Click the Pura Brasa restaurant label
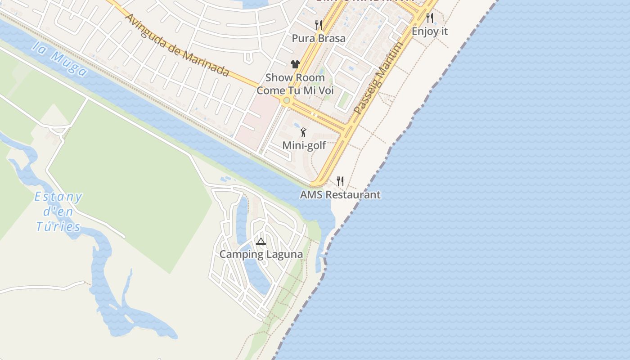319,38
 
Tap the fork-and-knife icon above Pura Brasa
319,25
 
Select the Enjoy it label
430,31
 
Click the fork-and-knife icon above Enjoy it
430,18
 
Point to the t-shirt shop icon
295,64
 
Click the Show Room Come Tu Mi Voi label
295,84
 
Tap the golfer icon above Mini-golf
304,132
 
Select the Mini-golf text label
304,145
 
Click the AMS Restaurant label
340,195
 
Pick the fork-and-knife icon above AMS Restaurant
340,181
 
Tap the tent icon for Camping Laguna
261,242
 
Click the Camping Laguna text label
261,254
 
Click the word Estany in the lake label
58,197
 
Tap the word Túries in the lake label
58,226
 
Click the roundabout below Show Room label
286,100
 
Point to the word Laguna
285,254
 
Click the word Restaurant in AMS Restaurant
353,195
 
